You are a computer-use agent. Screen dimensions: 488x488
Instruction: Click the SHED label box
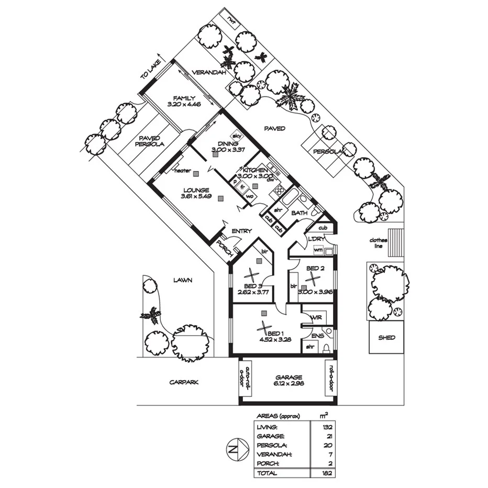click(x=386, y=338)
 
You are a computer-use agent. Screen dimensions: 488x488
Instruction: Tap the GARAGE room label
click(x=290, y=377)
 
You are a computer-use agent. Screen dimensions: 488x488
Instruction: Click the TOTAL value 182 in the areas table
click(x=327, y=473)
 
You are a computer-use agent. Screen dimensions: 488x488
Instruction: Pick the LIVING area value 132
click(x=327, y=427)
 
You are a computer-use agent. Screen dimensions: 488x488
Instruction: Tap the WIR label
click(x=316, y=318)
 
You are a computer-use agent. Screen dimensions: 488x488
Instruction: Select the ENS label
click(x=317, y=336)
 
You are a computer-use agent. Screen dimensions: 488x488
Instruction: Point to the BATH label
click(x=299, y=213)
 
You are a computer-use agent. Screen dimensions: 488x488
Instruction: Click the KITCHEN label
click(x=256, y=170)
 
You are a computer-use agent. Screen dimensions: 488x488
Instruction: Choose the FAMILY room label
click(x=185, y=98)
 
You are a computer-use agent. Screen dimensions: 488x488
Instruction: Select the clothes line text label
click(x=378, y=243)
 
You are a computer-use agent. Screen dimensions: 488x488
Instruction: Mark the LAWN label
click(x=183, y=280)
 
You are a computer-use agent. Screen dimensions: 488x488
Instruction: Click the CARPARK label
click(x=184, y=382)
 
